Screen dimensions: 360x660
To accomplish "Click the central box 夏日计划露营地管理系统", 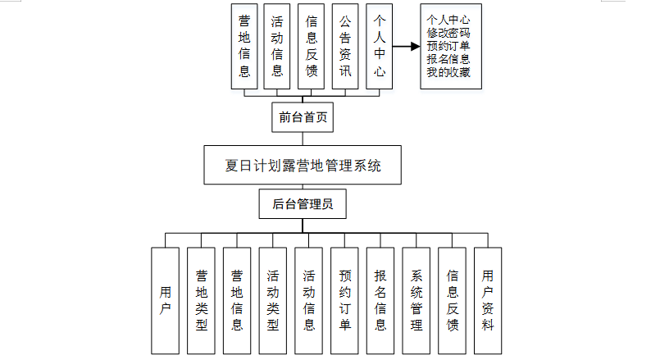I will [x=303, y=166].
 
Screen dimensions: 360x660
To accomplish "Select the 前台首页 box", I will [x=303, y=117].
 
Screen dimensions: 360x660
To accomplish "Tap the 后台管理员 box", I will [x=303, y=204].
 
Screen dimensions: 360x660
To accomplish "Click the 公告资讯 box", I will [x=345, y=47].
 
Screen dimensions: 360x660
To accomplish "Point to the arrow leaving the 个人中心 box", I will [x=405, y=47].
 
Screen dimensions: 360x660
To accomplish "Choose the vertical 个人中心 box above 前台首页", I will [x=379, y=47].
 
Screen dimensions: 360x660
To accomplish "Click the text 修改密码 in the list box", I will [x=448, y=33].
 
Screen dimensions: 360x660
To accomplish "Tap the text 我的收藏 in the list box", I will [x=448, y=72].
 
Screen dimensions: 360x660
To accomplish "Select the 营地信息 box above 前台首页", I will [x=244, y=47].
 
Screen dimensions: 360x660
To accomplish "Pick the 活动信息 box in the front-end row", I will [x=277, y=47].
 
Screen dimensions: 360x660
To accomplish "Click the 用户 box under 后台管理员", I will [x=165, y=299].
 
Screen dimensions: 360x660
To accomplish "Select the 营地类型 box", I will [x=201, y=299].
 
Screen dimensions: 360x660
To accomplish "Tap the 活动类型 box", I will [x=272, y=299].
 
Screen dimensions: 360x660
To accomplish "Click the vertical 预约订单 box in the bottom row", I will [x=344, y=299].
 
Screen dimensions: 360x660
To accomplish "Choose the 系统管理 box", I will [x=416, y=299].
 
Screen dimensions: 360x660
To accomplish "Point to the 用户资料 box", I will [x=488, y=299].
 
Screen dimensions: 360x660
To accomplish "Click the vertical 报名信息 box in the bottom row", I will [x=380, y=299].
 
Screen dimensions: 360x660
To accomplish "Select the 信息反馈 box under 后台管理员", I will [x=452, y=299].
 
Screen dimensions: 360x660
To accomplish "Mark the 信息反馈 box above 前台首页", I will [x=312, y=47].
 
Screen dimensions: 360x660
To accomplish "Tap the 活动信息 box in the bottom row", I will [x=308, y=299].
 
